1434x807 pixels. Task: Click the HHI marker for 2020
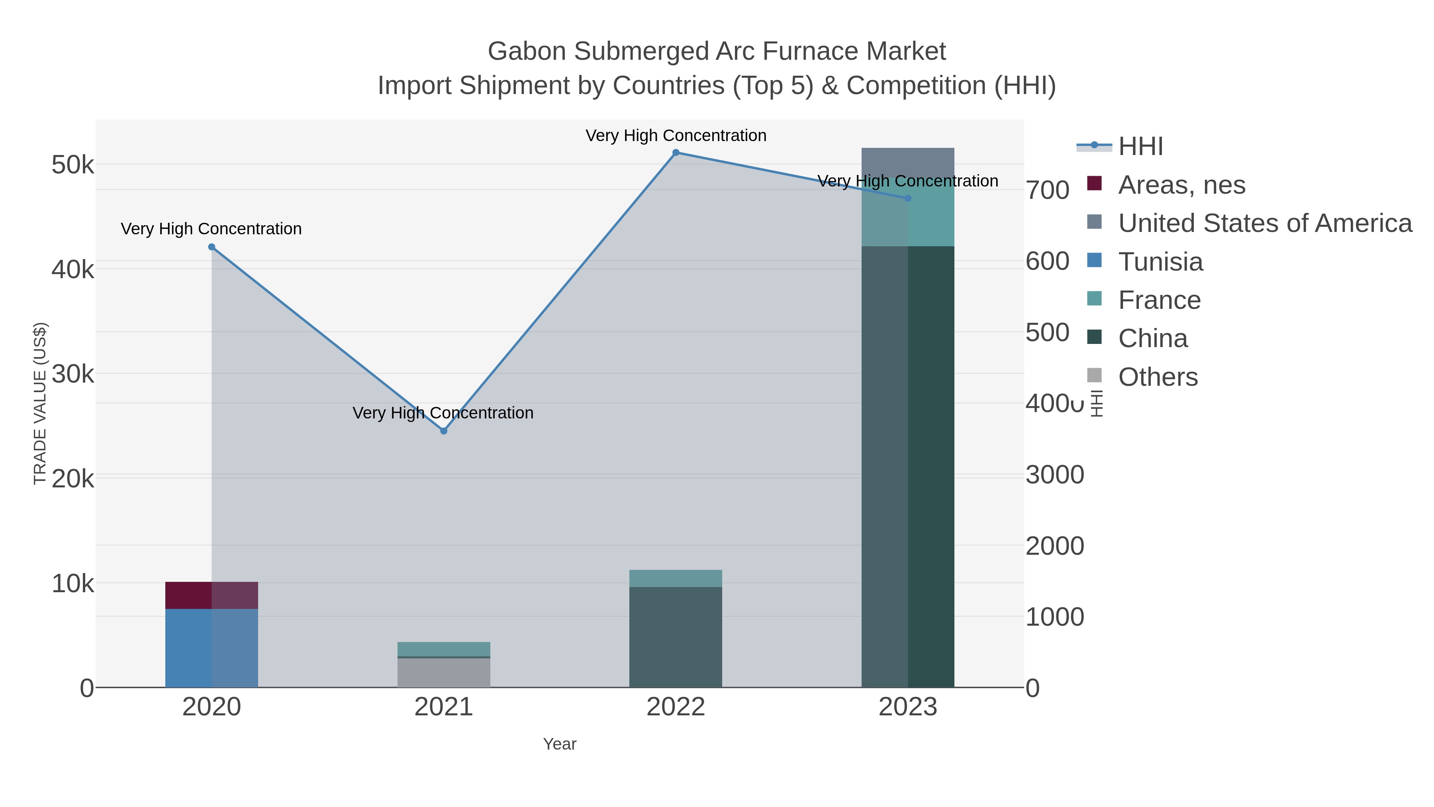coord(212,247)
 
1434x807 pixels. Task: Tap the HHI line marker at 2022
coord(676,153)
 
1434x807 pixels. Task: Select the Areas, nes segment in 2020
coord(212,595)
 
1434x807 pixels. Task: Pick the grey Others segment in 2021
coord(444,673)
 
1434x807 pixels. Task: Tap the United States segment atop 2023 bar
coord(908,162)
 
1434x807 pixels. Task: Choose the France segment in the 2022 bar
coord(676,578)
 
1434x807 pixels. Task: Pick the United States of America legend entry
coord(1264,223)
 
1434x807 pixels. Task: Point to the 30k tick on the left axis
coord(73,374)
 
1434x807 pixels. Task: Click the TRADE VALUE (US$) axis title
coord(40,403)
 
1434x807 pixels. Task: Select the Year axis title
coord(560,744)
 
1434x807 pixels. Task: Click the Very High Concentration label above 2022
coord(676,135)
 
